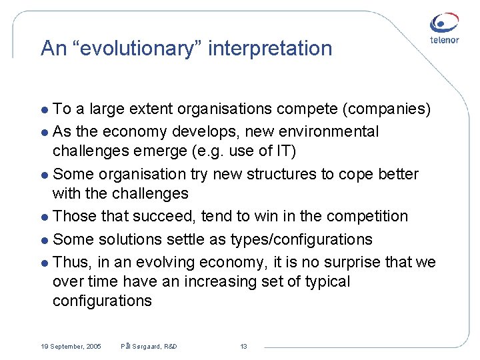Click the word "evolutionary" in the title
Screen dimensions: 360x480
(x=127, y=48)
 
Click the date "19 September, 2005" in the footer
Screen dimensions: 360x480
(x=71, y=347)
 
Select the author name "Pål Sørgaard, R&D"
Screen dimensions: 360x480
(x=149, y=347)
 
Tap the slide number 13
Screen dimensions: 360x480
(x=243, y=347)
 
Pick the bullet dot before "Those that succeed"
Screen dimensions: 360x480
(x=44, y=217)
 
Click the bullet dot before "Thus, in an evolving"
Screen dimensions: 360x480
(x=44, y=263)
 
